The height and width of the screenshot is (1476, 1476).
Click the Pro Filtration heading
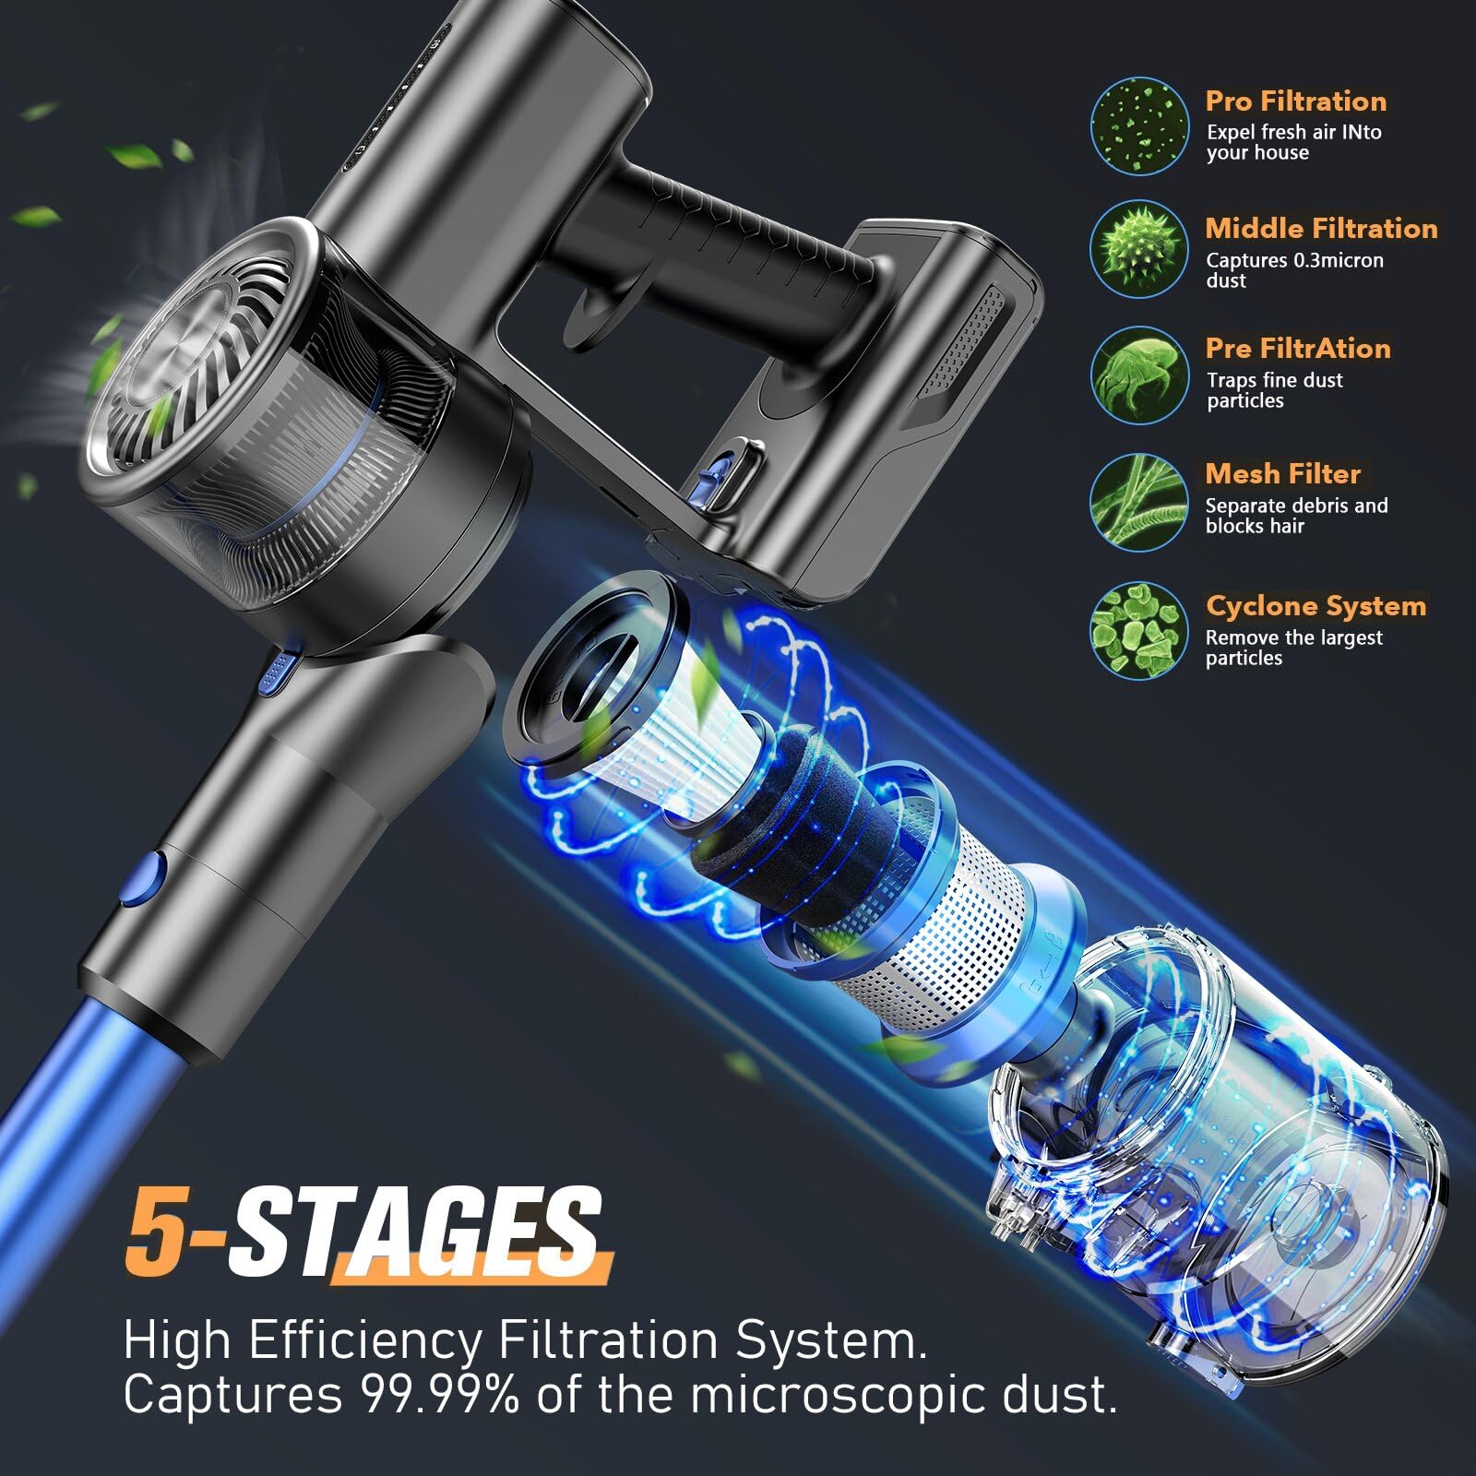pyautogui.click(x=1295, y=101)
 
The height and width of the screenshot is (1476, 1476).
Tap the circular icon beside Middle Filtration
pyautogui.click(x=1137, y=248)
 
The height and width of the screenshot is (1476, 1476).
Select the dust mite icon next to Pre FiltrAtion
pyautogui.click(x=1137, y=375)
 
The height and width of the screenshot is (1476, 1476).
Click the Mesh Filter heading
pyautogui.click(x=1282, y=474)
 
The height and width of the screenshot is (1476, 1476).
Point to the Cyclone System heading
pyautogui.click(x=1315, y=606)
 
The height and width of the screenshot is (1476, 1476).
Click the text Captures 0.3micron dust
pyautogui.click(x=1293, y=270)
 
